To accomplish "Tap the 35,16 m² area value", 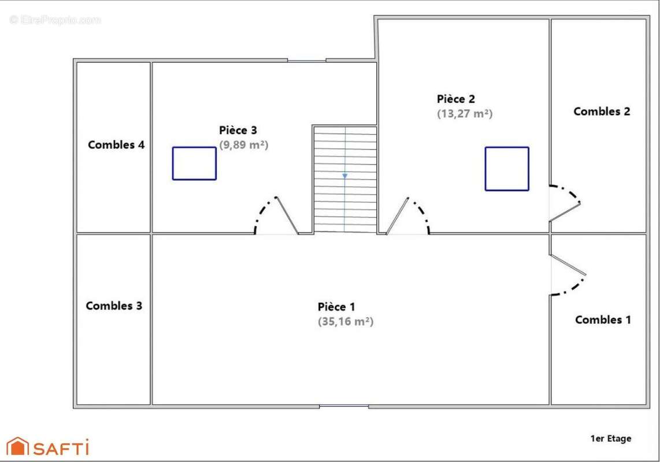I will tap(346, 322).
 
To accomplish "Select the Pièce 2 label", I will tap(456, 99).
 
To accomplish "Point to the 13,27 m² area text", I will tap(465, 114).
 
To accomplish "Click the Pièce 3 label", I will tap(238, 130).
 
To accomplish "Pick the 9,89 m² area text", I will tap(243, 145).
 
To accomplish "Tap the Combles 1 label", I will tap(603, 319).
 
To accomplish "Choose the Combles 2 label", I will tap(602, 111).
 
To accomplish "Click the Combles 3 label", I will tap(114, 305).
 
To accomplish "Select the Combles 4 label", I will tap(116, 144).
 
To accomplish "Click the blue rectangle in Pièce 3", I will tap(194, 163).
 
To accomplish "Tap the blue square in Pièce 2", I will tap(507, 169).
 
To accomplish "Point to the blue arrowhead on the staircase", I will tap(345, 175).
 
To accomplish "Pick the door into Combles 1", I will tap(567, 266).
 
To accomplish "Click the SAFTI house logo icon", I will tap(17, 446).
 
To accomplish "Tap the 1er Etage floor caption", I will tap(611, 438).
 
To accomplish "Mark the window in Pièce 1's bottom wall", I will tap(344, 407).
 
